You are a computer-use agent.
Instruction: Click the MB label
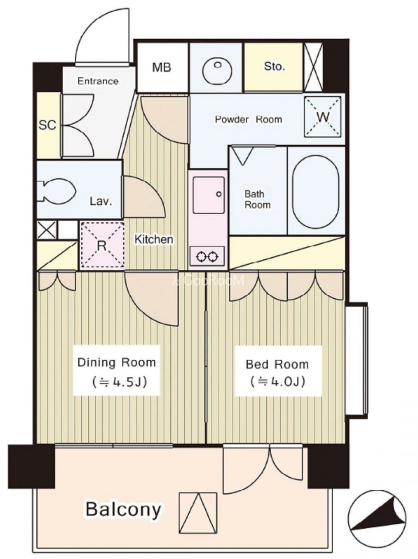point(161,68)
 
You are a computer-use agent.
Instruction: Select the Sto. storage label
point(274,67)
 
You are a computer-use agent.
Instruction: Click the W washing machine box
point(323,117)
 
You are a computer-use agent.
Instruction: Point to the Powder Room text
point(249,119)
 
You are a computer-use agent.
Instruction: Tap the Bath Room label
point(257,200)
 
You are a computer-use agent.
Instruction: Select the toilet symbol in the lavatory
point(56,191)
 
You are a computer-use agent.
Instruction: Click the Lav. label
point(101,202)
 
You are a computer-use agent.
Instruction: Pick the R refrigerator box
point(102,246)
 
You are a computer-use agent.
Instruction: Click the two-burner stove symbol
point(207,256)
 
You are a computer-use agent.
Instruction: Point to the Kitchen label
point(154,239)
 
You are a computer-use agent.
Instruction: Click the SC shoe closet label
point(47,125)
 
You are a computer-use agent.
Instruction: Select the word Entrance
point(98,81)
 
